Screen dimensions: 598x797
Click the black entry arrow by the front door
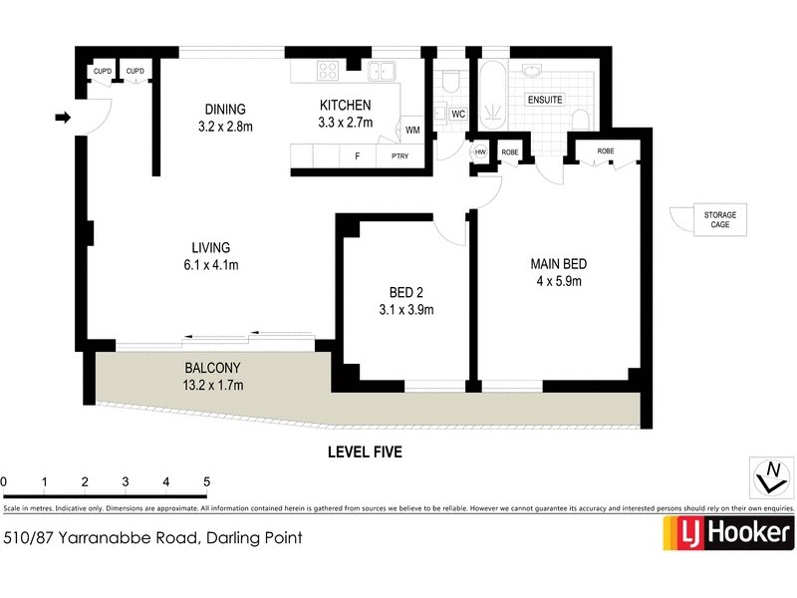(63, 119)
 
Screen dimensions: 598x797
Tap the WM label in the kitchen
(412, 130)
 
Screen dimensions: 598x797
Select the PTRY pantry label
(399, 157)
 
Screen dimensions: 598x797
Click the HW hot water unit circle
(480, 151)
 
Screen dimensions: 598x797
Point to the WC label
(458, 115)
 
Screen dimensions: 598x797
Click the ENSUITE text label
(545, 100)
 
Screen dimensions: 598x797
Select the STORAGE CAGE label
(719, 218)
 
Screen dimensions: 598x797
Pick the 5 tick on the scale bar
(206, 482)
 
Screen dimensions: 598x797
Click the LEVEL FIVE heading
(365, 451)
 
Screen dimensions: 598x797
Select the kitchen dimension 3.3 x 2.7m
(345, 124)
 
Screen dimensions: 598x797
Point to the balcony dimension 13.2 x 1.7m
(211, 385)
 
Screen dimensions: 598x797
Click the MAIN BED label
(557, 264)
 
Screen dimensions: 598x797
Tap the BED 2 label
(406, 292)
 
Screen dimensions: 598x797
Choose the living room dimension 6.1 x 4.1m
(211, 265)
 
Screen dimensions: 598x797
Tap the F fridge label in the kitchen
(357, 157)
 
